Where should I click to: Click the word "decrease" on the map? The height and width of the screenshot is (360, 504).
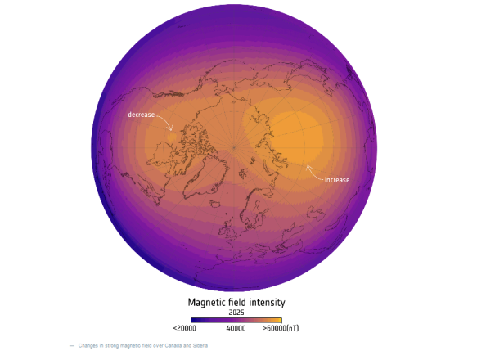141,115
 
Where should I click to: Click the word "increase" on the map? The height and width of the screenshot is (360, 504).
338,178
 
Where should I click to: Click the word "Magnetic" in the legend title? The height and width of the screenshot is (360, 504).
207,302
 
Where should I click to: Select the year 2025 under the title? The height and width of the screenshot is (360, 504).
236,312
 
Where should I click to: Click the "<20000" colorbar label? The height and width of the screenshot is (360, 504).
185,328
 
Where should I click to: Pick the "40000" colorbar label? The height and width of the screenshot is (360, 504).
236,328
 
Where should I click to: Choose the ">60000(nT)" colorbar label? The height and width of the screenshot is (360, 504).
281,328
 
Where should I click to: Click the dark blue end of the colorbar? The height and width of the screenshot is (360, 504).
193,320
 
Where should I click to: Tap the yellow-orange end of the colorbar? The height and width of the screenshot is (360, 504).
279,320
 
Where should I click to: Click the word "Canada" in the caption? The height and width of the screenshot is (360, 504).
174,346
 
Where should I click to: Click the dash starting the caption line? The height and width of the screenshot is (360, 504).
72,346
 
